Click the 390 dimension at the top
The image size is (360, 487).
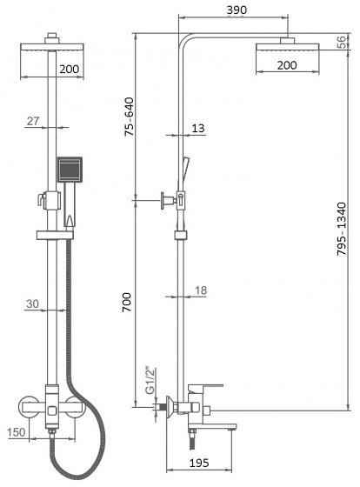[237, 10]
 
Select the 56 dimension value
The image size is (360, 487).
[341, 42]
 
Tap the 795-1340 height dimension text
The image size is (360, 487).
[342, 229]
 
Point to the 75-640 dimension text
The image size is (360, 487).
[129, 117]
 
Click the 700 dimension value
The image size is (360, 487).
[127, 303]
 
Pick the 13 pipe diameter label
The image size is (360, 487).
[198, 128]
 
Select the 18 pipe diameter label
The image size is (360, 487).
[201, 290]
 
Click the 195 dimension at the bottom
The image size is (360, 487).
[199, 463]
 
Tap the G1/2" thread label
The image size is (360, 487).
[150, 381]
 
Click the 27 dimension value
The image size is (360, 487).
[33, 121]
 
